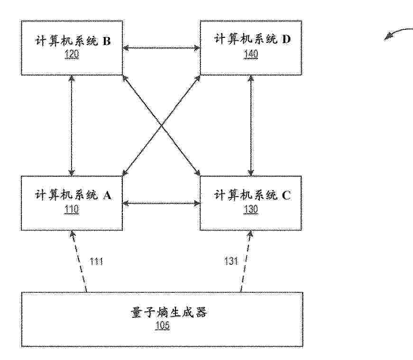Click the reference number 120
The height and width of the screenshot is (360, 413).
(x=72, y=54)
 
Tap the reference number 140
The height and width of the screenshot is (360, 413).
(x=251, y=54)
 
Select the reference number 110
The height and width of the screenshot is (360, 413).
(x=72, y=210)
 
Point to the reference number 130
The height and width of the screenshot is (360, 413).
(x=251, y=209)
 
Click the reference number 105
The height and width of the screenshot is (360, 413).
(x=162, y=325)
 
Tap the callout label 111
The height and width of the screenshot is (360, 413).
(x=96, y=261)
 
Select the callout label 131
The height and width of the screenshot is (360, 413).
(x=231, y=261)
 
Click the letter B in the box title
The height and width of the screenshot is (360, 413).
(x=106, y=41)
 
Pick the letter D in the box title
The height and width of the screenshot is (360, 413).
(x=286, y=39)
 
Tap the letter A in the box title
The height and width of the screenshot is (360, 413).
(x=107, y=195)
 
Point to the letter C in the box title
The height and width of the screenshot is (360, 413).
(x=286, y=195)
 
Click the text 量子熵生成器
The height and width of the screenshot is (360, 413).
(x=169, y=312)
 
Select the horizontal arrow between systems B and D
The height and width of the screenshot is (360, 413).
(x=162, y=48)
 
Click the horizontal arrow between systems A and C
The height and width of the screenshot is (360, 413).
(x=162, y=203)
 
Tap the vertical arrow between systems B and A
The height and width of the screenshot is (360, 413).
(x=72, y=126)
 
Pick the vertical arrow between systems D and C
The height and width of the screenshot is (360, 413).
(x=251, y=126)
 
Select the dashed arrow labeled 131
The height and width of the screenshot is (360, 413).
(x=246, y=261)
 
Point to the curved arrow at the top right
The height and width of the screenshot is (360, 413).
(x=397, y=32)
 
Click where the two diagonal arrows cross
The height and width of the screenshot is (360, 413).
(x=162, y=126)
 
